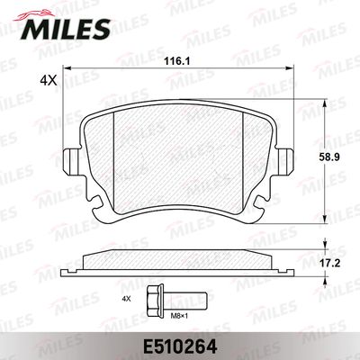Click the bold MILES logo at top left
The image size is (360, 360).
click(65, 29)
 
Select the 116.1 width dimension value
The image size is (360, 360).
click(177, 61)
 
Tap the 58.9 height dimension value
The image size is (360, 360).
click(329, 157)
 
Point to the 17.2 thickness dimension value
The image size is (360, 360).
click(329, 264)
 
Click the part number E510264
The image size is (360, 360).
click(180, 347)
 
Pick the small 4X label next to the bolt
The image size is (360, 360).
click(126, 299)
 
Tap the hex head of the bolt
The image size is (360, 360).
click(155, 300)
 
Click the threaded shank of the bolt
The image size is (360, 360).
click(184, 301)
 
